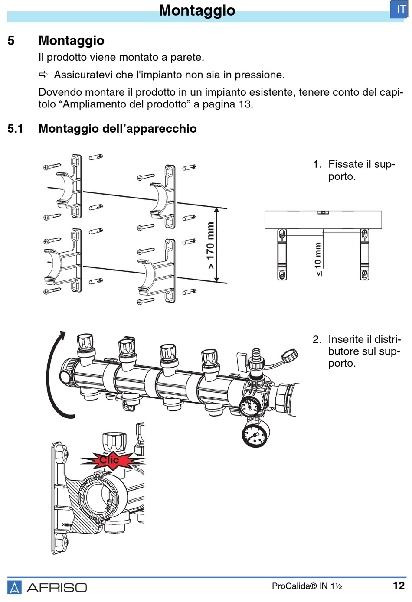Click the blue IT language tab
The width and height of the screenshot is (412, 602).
tap(399, 10)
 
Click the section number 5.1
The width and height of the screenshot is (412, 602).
tap(15, 129)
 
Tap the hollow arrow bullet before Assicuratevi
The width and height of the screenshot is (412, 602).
tap(43, 74)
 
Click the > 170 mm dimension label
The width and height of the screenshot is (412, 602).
tap(211, 246)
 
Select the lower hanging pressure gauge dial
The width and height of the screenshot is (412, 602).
tap(255, 434)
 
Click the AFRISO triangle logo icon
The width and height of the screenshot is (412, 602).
tap(14, 587)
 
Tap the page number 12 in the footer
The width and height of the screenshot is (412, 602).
tap(399, 586)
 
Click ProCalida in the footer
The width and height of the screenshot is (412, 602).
tap(294, 586)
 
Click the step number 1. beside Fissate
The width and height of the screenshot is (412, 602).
tap(317, 164)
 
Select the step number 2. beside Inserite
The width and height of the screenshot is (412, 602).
tap(317, 339)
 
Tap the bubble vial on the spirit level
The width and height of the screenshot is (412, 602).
tap(323, 212)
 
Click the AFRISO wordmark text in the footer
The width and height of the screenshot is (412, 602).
tap(57, 588)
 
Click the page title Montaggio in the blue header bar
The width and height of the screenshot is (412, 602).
tap(197, 10)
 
